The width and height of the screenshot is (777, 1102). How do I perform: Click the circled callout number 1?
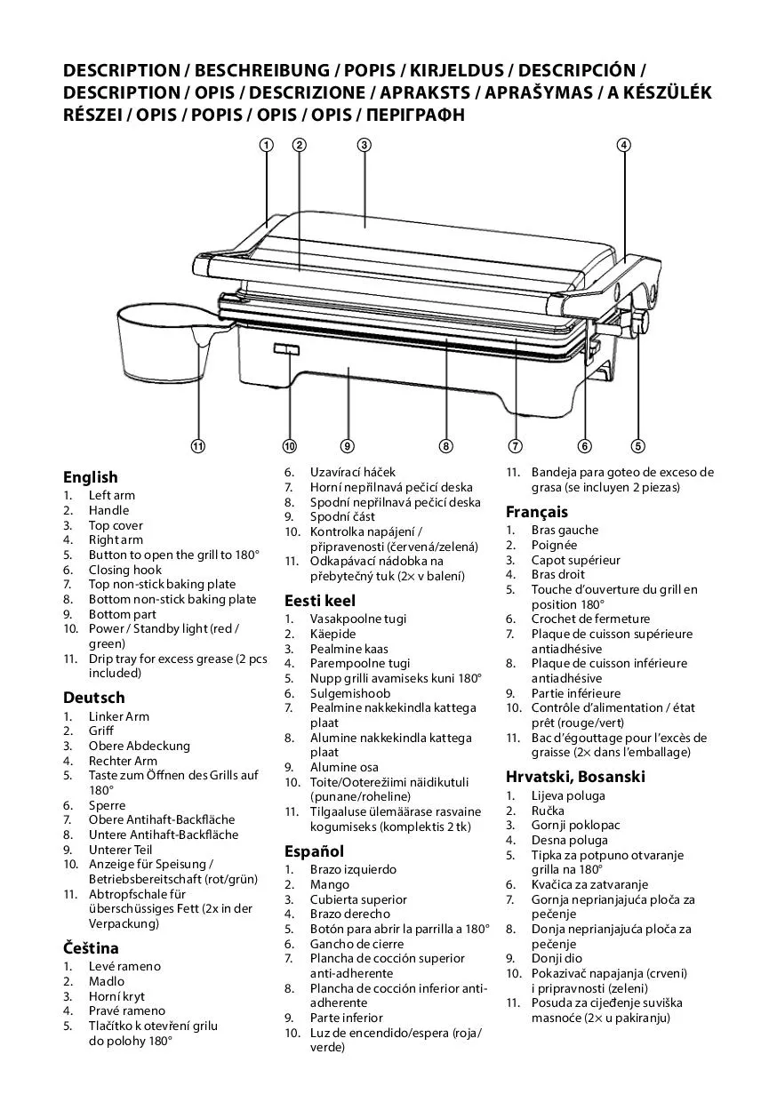click(x=266, y=145)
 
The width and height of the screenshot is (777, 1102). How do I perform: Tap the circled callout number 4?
click(x=624, y=145)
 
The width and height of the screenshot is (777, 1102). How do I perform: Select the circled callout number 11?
click(x=198, y=446)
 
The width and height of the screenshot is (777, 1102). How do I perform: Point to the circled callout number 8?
click(x=446, y=446)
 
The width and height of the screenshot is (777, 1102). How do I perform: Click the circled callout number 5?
click(x=638, y=446)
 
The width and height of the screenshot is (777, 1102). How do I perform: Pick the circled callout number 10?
click(x=289, y=446)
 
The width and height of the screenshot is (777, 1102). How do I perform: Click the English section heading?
click(x=90, y=477)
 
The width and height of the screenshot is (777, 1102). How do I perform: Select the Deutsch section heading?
click(x=93, y=698)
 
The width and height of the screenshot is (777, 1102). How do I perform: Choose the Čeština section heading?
click(x=91, y=948)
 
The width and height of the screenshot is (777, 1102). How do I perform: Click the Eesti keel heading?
click(x=320, y=600)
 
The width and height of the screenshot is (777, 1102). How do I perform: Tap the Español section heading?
click(x=314, y=850)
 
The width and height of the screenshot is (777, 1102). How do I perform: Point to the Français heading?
click(x=537, y=512)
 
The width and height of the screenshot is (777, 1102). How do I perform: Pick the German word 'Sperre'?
click(x=107, y=805)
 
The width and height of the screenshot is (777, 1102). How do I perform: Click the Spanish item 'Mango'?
click(x=329, y=884)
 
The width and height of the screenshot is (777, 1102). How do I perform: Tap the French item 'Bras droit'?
click(x=558, y=575)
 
